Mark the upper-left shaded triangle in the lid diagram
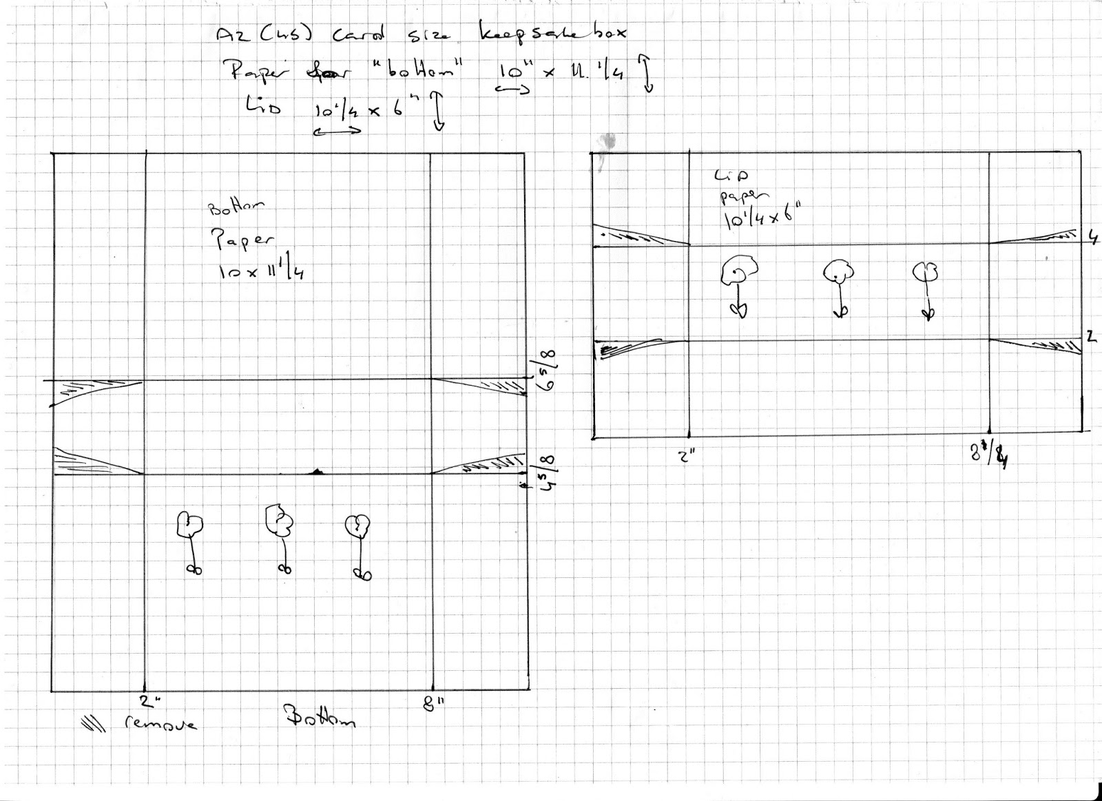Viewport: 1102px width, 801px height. click(x=637, y=236)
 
